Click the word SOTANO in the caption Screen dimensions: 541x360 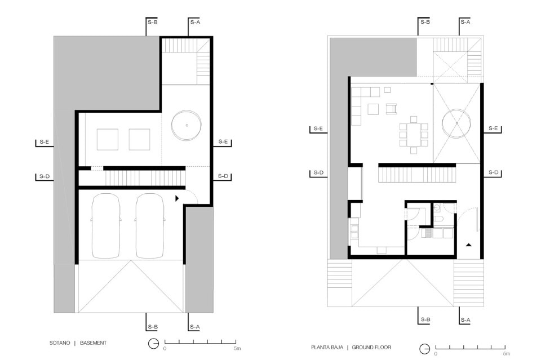(60, 343)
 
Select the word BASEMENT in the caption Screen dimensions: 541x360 (93, 343)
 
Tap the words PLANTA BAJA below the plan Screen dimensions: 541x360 (327, 347)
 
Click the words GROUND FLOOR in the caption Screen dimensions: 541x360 (371, 347)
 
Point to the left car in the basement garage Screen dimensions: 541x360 (105, 226)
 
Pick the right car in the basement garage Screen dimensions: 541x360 (150, 226)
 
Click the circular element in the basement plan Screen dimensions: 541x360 (187, 125)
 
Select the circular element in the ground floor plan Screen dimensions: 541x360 (456, 123)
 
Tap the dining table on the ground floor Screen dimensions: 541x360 (414, 135)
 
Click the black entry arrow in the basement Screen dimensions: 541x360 (177, 198)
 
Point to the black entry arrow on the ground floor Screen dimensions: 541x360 (468, 245)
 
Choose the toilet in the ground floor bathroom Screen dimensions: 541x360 (438, 219)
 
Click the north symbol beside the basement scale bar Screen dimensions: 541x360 (153, 344)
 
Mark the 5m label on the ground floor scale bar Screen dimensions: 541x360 (506, 354)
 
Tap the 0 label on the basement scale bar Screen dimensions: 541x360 (165, 349)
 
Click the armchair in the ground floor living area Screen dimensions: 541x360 (391, 109)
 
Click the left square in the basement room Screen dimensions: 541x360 (107, 139)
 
